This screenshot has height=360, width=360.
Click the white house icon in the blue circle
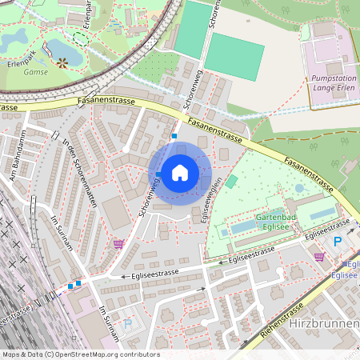179,172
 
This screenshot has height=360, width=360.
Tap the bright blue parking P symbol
337,242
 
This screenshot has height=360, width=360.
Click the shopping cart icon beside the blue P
320,257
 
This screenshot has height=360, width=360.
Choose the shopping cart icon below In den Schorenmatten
119,244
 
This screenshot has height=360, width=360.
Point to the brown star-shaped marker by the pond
61,62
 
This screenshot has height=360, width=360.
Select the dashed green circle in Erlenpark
81,37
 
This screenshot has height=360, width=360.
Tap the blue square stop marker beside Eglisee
346,264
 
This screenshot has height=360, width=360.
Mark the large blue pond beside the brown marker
64,50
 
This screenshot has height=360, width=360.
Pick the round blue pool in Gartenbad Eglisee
299,188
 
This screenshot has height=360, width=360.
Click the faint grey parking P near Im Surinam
129,324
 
